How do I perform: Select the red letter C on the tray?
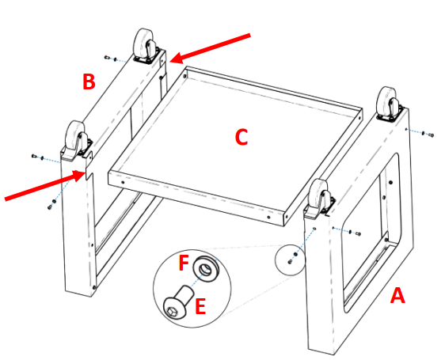[x=242, y=137]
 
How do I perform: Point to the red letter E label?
[x=200, y=305]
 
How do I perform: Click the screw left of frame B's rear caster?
[x=110, y=59]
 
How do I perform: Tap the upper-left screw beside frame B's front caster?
[x=36, y=157]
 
